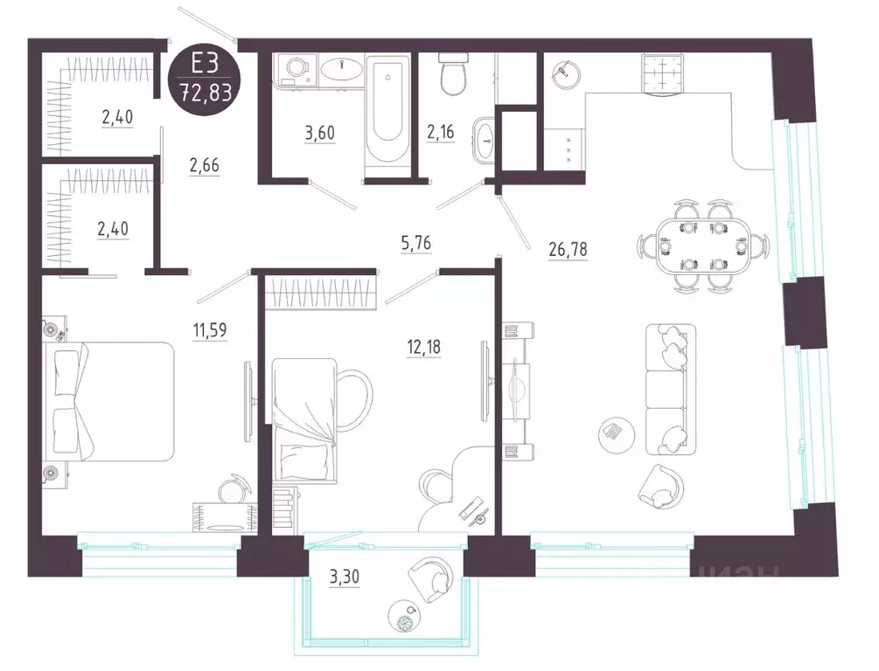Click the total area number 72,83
(205, 91)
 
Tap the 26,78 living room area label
(569, 248)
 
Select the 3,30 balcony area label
(345, 577)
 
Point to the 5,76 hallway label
(416, 244)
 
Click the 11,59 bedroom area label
(210, 330)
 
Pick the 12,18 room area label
(424, 347)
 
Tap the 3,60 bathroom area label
(320, 134)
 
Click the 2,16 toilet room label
(440, 133)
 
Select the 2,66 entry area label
(204, 166)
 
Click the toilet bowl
(452, 73)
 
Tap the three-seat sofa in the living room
(671, 390)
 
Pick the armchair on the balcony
(431, 580)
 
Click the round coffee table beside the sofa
(617, 434)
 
